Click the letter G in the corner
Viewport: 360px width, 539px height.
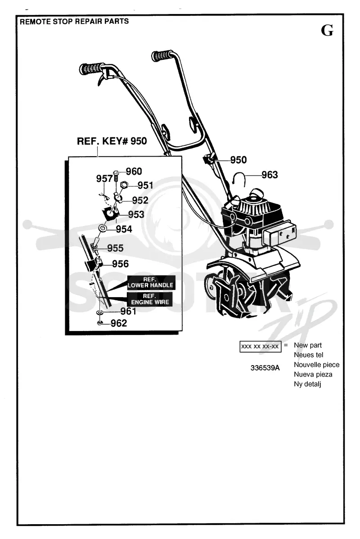[327, 30]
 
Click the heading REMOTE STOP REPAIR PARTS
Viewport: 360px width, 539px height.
[74, 21]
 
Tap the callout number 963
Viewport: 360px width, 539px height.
[269, 175]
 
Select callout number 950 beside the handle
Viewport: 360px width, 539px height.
[238, 160]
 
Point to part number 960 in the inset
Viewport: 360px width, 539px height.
[134, 171]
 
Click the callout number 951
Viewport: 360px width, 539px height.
[145, 185]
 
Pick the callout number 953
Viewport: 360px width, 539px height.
[136, 214]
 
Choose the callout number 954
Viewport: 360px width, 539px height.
[124, 229]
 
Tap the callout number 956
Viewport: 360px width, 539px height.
[120, 264]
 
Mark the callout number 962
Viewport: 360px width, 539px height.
[118, 323]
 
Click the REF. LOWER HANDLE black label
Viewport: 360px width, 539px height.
[150, 283]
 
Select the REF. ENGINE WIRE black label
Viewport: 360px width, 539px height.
[150, 299]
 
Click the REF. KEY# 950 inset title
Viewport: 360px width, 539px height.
[112, 141]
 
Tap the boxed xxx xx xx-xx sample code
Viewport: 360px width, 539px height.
[260, 347]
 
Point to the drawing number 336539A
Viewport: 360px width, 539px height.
[265, 368]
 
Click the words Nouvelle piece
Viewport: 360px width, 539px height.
[316, 365]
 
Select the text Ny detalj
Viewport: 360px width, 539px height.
[307, 384]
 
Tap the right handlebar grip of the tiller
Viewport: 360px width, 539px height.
[162, 55]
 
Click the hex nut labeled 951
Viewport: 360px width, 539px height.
[124, 185]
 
